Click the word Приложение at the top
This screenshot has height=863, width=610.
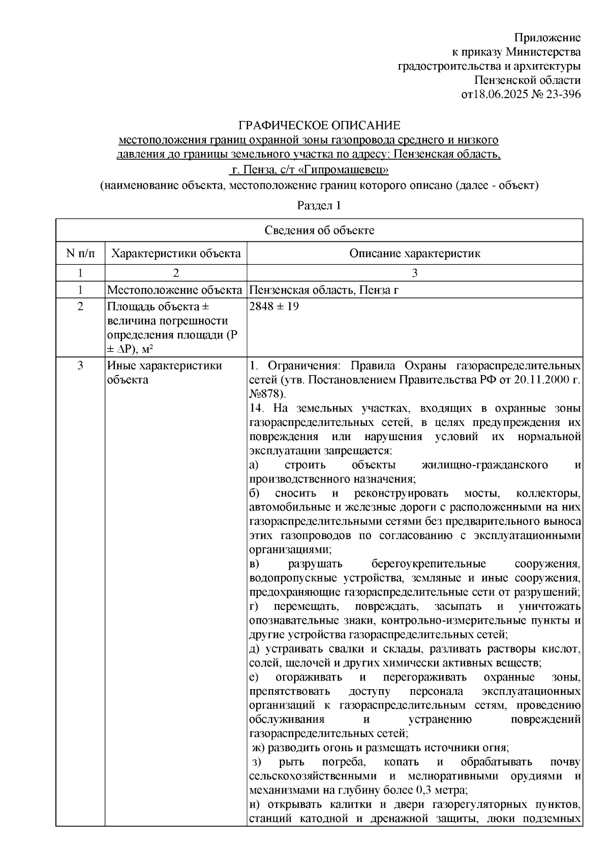pos(547,38)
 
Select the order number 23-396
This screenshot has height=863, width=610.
pos(562,95)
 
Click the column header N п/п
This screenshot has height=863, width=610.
pos(80,253)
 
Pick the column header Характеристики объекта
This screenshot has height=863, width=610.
pos(176,253)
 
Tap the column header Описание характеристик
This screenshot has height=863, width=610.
pos(414,253)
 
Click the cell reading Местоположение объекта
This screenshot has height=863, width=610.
pos(174,290)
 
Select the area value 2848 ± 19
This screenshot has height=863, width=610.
pos(274,307)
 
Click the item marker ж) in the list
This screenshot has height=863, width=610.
pos(259,748)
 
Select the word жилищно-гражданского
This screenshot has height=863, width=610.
pos(484,465)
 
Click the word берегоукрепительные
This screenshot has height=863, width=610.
pos(429,564)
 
